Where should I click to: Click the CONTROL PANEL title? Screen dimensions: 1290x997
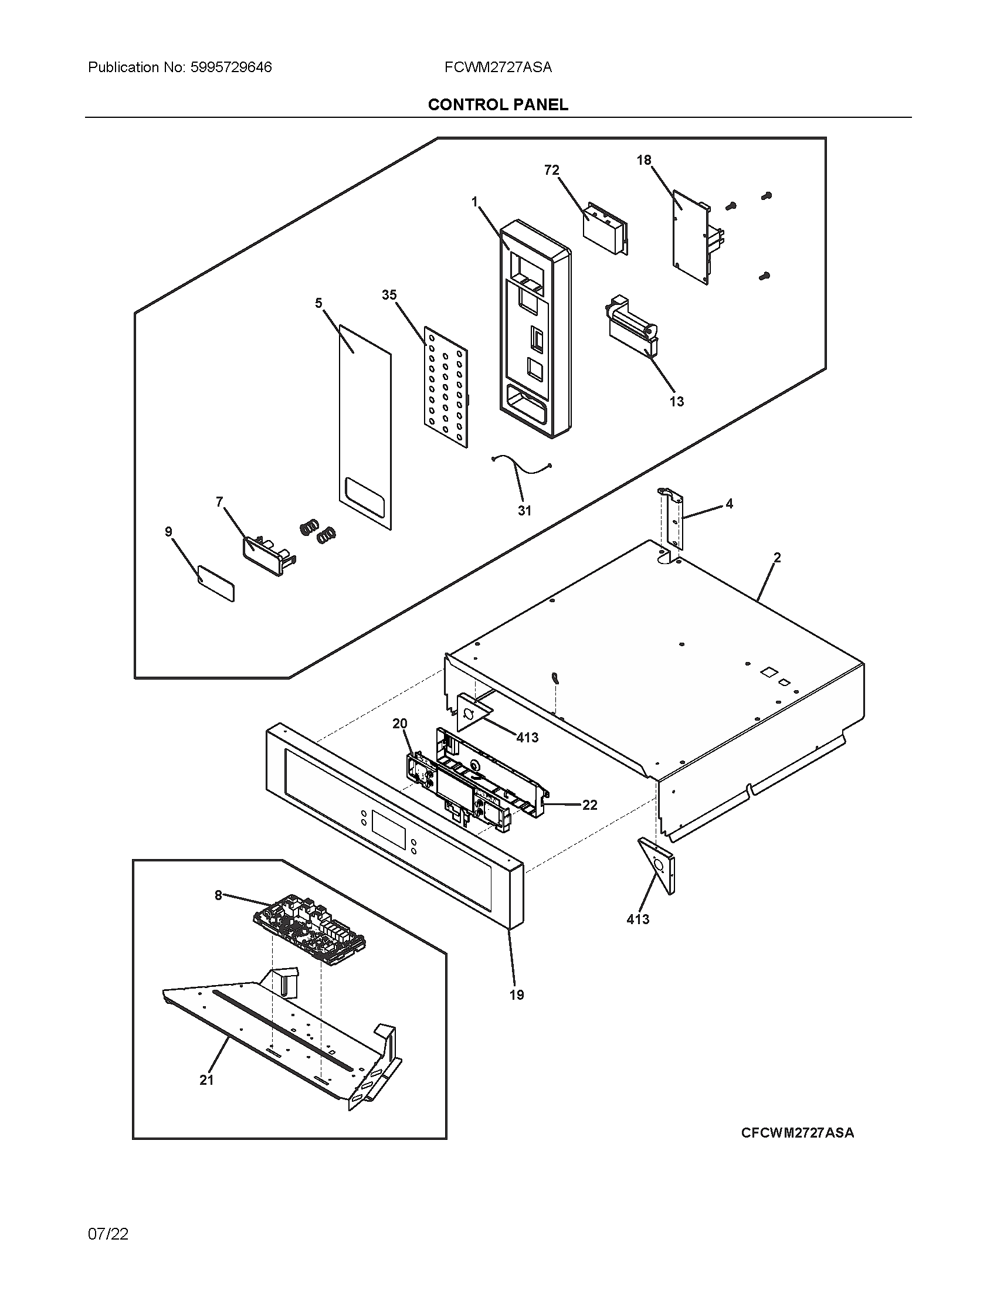pyautogui.click(x=498, y=104)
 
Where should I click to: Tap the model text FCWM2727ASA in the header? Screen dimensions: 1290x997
pyautogui.click(x=498, y=67)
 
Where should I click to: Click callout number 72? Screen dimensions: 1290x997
pyautogui.click(x=551, y=170)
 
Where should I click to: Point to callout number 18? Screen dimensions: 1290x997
pyautogui.click(x=644, y=160)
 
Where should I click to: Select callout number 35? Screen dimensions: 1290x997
pyautogui.click(x=389, y=295)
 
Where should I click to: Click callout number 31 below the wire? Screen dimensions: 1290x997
pyautogui.click(x=524, y=510)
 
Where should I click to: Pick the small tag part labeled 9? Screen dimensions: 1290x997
pyautogui.click(x=216, y=583)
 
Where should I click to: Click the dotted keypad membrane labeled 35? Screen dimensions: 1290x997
pyautogui.click(x=446, y=387)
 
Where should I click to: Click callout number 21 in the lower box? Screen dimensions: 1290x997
pyautogui.click(x=206, y=1079)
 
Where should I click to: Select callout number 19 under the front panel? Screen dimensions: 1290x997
pyautogui.click(x=517, y=994)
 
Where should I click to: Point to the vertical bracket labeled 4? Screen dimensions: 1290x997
pyautogui.click(x=674, y=520)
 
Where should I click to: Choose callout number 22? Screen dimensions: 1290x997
pyautogui.click(x=589, y=804)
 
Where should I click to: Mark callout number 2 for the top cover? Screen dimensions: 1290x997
pyautogui.click(x=777, y=557)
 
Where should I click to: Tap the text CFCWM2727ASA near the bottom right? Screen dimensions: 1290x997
pyautogui.click(x=798, y=1132)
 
